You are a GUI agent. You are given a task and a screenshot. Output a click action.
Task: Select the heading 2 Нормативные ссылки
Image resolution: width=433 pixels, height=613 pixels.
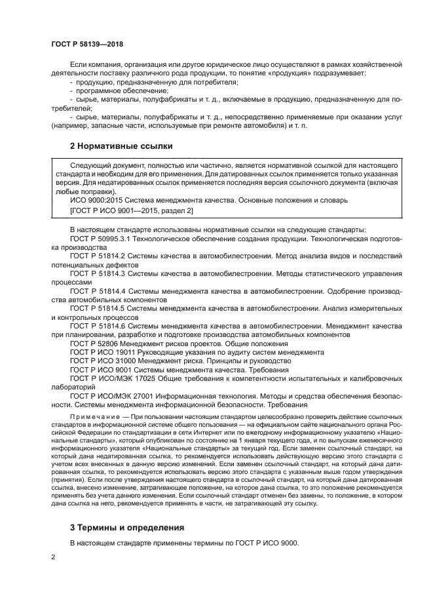pyautogui.click(x=122, y=146)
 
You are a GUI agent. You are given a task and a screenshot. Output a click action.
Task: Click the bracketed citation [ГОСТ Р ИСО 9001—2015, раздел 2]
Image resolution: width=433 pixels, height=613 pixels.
pyautogui.click(x=131, y=210)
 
